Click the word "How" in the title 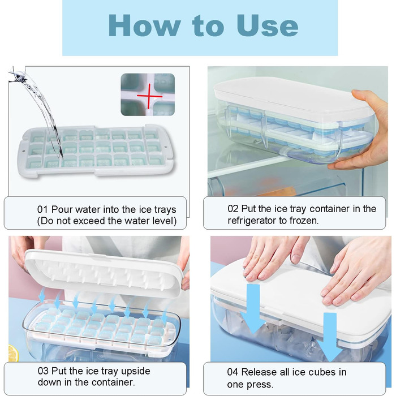pyautogui.click(x=144, y=26)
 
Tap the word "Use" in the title pyautogui.click(x=267, y=26)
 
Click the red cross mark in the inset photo pyautogui.click(x=149, y=96)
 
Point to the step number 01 pyautogui.click(x=42, y=210)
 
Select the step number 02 pyautogui.click(x=233, y=209)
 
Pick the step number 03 pyautogui.click(x=43, y=371)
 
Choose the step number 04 pyautogui.click(x=233, y=372)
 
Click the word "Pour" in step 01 pyautogui.click(x=62, y=210)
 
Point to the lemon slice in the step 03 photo pyautogui.click(x=13, y=353)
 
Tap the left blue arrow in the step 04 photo pyautogui.click(x=252, y=309)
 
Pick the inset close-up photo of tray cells pyautogui.click(x=148, y=94)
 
